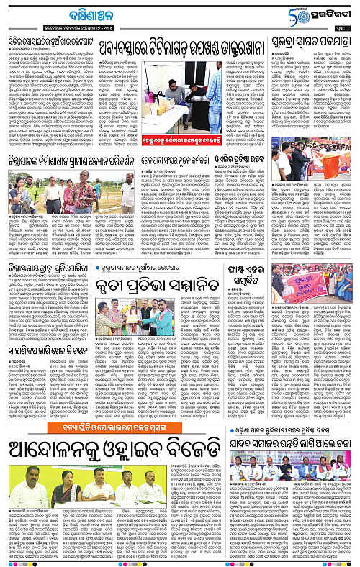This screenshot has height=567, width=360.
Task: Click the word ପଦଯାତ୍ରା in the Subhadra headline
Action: pos(336,45)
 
